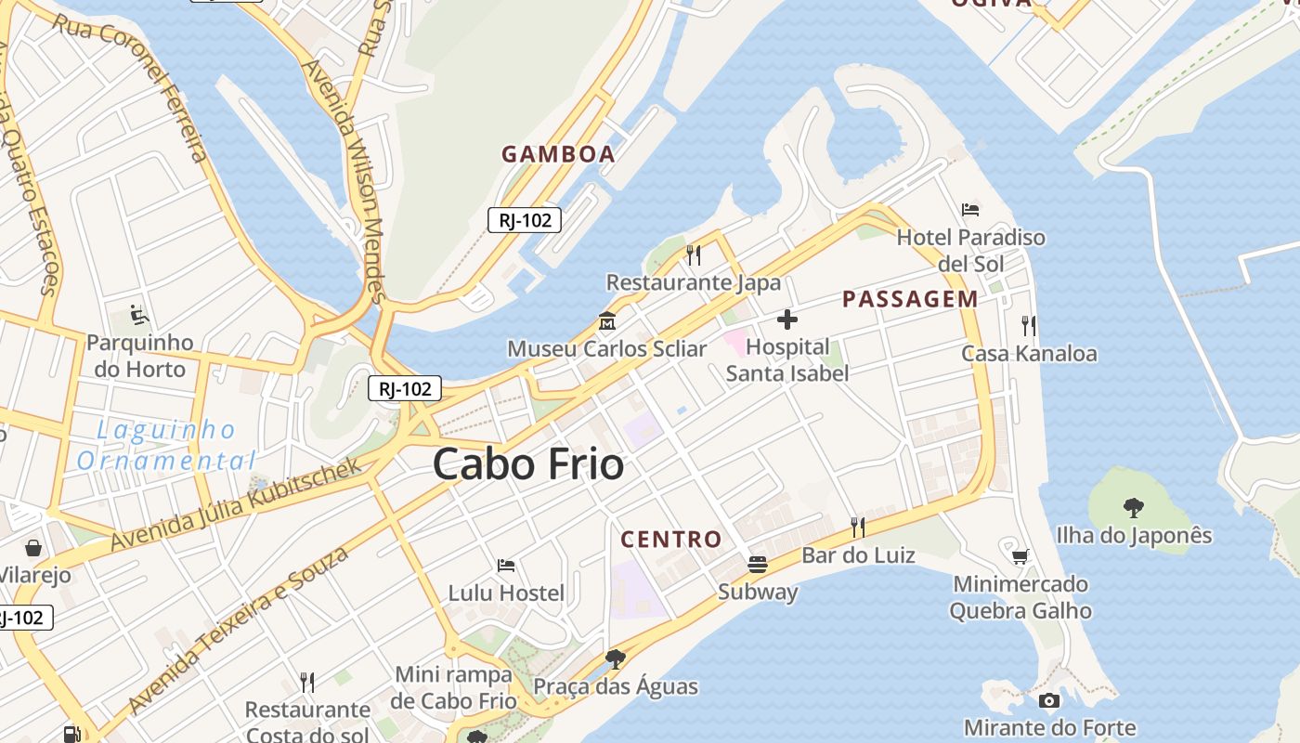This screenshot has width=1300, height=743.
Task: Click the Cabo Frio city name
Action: point(527,464)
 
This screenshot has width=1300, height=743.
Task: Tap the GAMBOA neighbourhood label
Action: point(558,154)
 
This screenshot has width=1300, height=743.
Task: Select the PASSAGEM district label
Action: point(909,299)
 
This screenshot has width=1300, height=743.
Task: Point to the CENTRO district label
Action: point(670,539)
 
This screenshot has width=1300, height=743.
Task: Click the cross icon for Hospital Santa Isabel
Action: point(787,320)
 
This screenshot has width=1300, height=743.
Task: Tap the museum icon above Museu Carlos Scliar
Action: point(607,321)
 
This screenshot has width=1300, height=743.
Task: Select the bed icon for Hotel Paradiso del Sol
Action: point(970,210)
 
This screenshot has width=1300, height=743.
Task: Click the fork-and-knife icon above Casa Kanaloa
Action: point(1028,325)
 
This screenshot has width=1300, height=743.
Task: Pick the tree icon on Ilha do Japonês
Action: point(1133,508)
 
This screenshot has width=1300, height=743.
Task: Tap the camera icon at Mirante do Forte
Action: point(1049,700)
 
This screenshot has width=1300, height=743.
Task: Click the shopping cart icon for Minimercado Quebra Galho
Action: point(1020,556)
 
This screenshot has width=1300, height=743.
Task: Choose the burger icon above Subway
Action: point(758,564)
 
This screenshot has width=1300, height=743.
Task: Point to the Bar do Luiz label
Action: point(858,555)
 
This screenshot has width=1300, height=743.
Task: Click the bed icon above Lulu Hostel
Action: point(506,565)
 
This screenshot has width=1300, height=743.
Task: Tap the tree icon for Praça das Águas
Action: point(614,659)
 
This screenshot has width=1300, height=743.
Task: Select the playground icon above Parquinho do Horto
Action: point(139,315)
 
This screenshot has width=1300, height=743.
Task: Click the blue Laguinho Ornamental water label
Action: point(165,445)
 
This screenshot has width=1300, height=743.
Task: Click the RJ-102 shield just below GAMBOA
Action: point(525,220)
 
